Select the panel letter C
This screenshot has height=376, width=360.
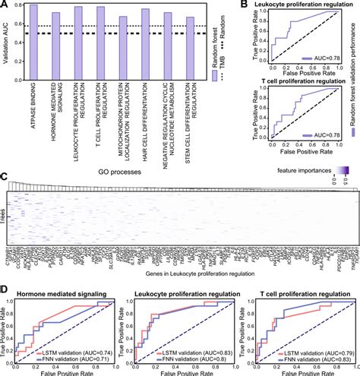5,175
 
